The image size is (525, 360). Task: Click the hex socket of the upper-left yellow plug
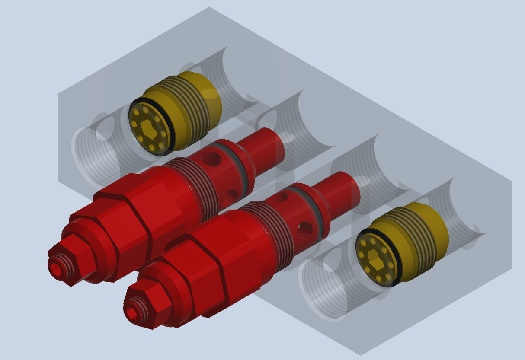pos(148,129)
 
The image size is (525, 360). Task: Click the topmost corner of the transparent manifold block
pos(209,7)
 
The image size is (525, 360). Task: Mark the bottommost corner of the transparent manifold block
pos(361,355)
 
